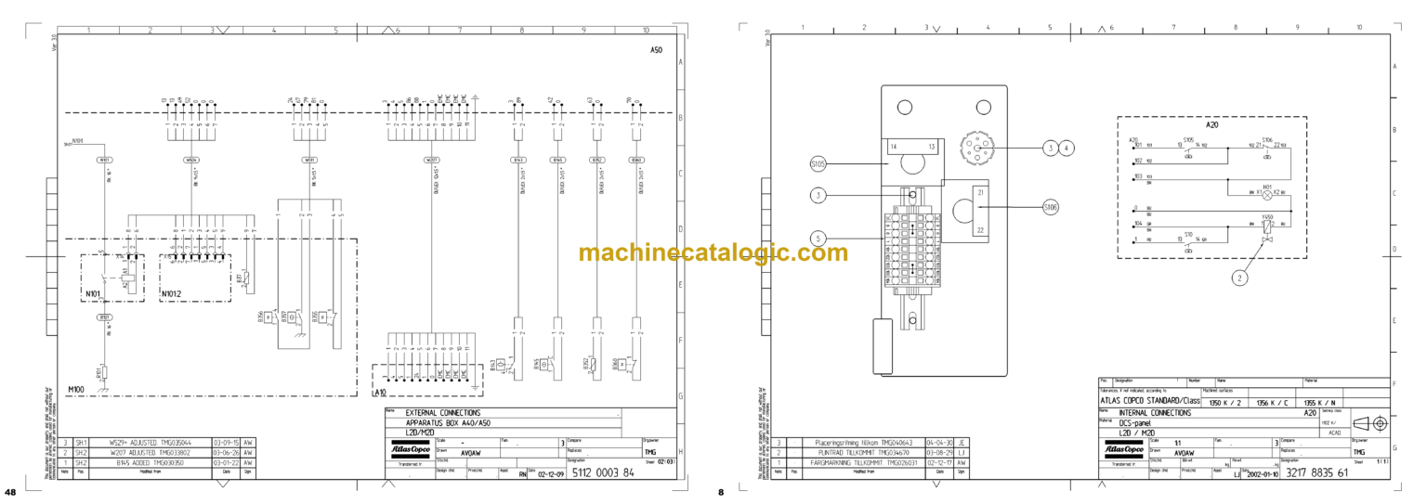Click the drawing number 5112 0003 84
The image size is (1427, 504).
[603, 472]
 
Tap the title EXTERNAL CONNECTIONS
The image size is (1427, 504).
[444, 412]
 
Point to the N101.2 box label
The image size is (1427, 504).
[172, 294]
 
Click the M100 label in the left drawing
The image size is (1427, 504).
[76, 390]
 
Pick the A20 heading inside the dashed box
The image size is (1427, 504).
[1211, 124]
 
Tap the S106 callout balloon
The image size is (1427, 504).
[1051, 207]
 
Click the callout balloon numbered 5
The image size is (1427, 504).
[818, 238]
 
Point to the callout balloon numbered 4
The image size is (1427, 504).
[1067, 147]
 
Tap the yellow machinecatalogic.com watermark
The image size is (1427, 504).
[713, 252]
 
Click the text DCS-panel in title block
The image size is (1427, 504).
[1134, 423]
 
